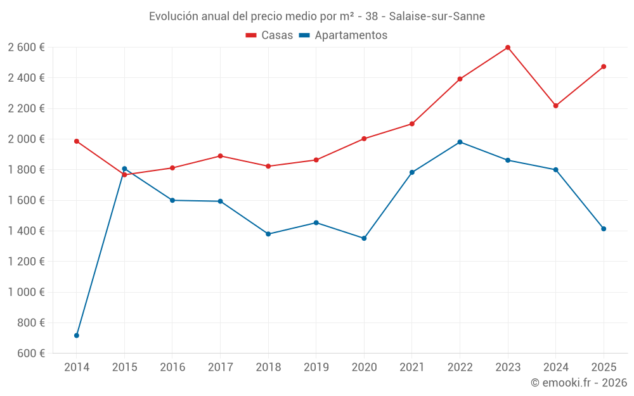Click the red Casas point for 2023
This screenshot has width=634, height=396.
[508, 48]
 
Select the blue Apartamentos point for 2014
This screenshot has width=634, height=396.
[77, 335]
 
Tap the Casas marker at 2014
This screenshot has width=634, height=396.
[77, 141]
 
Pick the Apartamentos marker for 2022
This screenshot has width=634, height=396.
[460, 142]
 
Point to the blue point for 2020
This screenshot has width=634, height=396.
[364, 238]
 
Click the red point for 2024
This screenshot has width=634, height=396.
[556, 106]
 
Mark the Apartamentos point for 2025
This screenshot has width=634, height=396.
[604, 229]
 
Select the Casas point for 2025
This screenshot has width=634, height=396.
[604, 67]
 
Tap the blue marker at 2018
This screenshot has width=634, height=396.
[268, 234]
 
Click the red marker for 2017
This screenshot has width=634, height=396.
[220, 156]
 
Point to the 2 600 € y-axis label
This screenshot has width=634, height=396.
[26, 48]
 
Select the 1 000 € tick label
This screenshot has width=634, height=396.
[26, 292]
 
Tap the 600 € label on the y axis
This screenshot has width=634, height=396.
[30, 354]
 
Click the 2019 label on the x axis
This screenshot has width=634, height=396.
[316, 367]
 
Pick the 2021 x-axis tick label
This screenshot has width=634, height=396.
[412, 367]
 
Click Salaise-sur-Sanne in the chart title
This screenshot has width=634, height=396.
[437, 16]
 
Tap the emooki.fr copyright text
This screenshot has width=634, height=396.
[579, 383]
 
